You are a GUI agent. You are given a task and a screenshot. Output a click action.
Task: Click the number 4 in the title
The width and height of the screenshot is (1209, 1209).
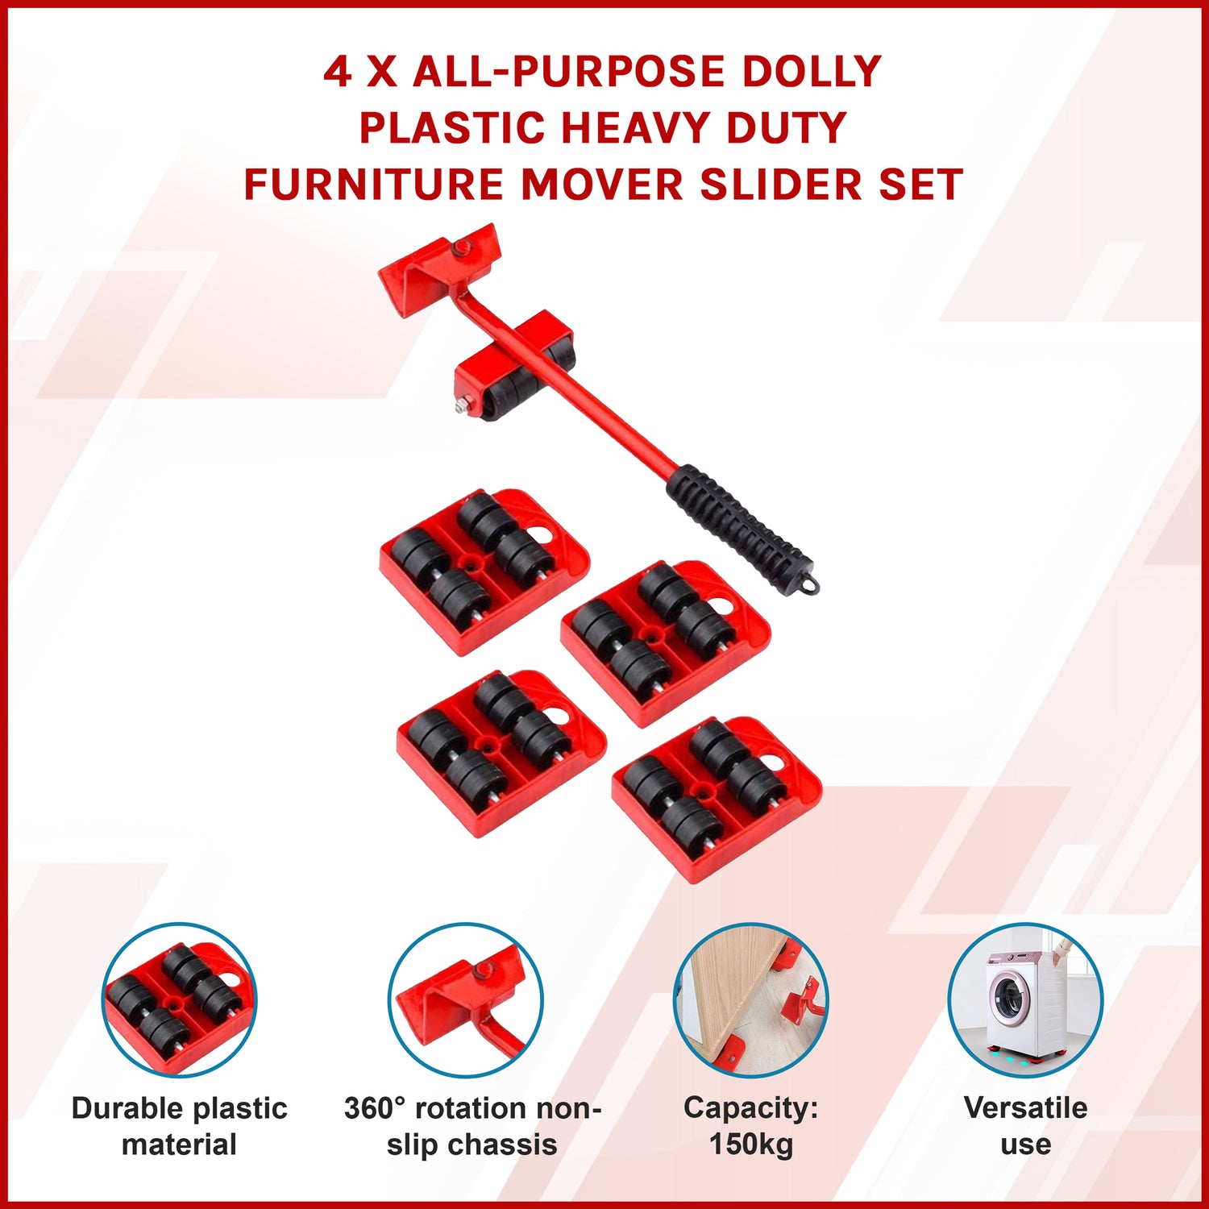point(338,72)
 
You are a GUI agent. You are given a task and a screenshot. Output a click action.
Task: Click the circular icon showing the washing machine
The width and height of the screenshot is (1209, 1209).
point(1024,999)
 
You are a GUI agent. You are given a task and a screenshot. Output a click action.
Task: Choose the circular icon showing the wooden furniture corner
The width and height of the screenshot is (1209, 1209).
point(750,999)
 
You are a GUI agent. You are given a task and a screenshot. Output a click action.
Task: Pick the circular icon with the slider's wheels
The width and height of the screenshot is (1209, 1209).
point(179,999)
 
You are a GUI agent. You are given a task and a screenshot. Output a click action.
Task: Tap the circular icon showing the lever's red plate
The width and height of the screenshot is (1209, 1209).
point(465,999)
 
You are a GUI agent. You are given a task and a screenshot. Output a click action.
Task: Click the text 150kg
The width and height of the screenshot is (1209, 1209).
point(751,1144)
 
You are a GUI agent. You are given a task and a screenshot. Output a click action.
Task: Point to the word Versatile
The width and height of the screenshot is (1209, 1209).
point(1025,1107)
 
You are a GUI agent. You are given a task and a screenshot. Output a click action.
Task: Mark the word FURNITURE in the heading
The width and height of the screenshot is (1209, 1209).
point(374,185)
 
